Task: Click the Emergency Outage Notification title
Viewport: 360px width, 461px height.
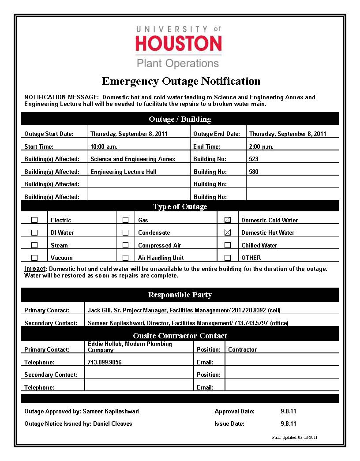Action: (x=181, y=81)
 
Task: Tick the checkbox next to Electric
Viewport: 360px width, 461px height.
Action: (x=34, y=220)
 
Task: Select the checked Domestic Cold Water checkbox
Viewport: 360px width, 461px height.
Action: (x=228, y=220)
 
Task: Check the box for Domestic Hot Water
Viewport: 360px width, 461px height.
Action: (x=228, y=232)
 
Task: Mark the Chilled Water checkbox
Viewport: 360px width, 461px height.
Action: (x=228, y=245)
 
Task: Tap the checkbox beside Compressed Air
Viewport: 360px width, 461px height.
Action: (x=126, y=245)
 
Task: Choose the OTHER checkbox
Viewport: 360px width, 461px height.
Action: (x=228, y=258)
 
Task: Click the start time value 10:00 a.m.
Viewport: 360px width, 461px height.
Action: (x=104, y=146)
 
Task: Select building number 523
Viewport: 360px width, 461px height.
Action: (x=254, y=159)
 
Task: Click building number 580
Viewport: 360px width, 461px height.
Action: (x=254, y=172)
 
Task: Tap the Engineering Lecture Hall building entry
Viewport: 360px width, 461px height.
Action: (x=123, y=172)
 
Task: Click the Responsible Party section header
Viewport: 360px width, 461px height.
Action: (x=180, y=295)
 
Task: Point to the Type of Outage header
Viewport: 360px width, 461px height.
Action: (x=180, y=206)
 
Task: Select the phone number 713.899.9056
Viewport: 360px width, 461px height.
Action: (x=105, y=362)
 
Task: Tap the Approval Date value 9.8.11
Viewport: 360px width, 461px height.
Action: (x=288, y=411)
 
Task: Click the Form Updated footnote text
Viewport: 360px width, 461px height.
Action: (x=295, y=438)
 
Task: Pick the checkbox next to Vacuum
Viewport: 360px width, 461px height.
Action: (x=34, y=258)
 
